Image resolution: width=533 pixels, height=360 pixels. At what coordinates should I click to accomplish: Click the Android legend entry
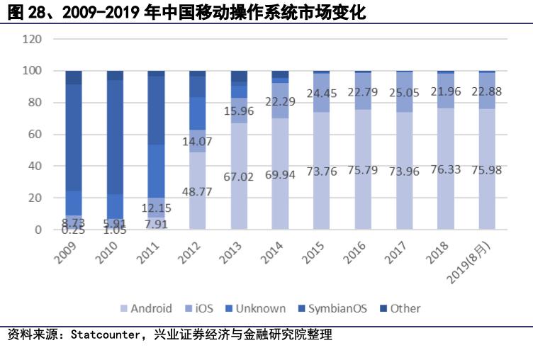tap(145, 308)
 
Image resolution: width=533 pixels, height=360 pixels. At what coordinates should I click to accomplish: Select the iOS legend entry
tap(203, 308)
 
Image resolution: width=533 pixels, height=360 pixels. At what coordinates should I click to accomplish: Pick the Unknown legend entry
tap(256, 308)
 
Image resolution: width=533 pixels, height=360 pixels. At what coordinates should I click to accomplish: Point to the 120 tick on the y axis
tap(33, 39)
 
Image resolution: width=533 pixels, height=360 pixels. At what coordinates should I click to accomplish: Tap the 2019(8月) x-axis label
tap(476, 259)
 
